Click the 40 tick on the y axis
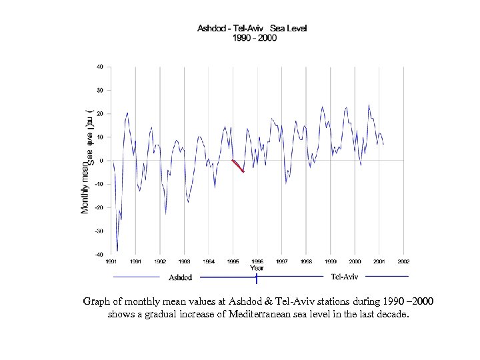[x=99, y=67]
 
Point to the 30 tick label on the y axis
[x=99, y=90]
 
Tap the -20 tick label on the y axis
[x=98, y=207]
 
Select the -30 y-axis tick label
[x=98, y=231]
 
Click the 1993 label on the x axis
[x=184, y=262]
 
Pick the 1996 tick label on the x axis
[x=257, y=262]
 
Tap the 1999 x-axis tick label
[x=331, y=262]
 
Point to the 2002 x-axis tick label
[x=403, y=262]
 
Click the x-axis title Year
[x=257, y=268]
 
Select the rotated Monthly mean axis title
[x=85, y=189]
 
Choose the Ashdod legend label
[x=180, y=277]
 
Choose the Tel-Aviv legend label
[x=345, y=277]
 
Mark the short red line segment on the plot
[x=238, y=166]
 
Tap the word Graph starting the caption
[x=97, y=301]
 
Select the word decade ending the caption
[x=389, y=313]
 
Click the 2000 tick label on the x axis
[x=355, y=262]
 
